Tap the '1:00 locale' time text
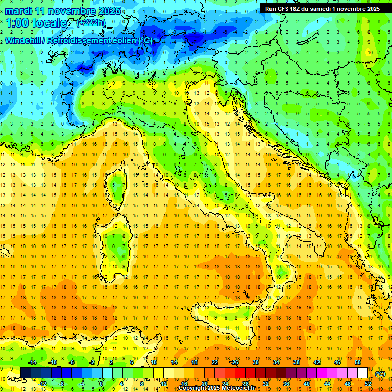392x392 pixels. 36,23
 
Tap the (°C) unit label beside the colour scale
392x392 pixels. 380,374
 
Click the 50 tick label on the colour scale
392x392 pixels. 357,362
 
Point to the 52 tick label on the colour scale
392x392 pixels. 367,384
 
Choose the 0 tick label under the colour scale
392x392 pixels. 101,384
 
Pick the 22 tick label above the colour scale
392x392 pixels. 215,362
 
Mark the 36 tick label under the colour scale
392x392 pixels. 286,384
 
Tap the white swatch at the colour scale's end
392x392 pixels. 362,373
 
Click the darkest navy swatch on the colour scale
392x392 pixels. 26,373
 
